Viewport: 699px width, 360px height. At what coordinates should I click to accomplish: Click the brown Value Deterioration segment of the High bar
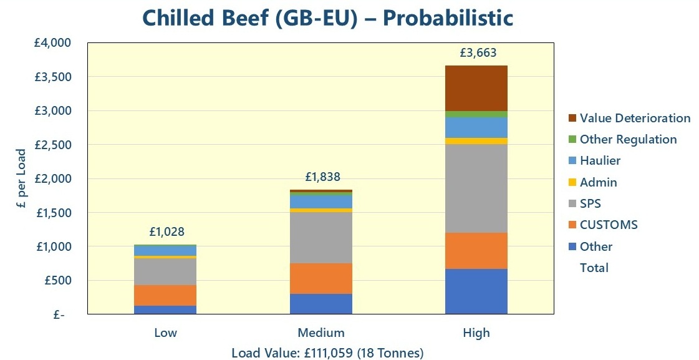476,88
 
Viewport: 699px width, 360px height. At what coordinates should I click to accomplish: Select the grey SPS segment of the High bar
476,188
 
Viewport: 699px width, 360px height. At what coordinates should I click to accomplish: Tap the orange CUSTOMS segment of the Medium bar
321,278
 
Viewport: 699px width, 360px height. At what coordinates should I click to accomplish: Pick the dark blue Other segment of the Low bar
165,309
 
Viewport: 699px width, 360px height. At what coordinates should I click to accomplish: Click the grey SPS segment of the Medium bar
321,238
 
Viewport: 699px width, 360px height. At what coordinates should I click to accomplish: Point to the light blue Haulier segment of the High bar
476,127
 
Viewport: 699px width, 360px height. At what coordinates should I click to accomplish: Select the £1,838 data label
322,177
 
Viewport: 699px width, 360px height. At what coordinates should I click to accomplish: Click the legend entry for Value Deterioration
635,118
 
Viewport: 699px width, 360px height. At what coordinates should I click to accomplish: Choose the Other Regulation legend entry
628,139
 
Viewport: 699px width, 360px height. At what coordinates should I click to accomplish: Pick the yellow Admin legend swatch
572,182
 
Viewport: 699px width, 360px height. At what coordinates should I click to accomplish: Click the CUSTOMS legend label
609,225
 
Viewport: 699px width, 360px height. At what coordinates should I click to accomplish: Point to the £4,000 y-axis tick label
52,43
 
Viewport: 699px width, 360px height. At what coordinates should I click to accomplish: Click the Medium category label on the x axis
321,333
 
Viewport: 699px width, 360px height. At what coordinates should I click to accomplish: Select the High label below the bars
476,333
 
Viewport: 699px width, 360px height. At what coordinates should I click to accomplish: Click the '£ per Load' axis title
21,179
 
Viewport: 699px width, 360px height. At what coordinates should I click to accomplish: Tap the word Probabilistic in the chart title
448,17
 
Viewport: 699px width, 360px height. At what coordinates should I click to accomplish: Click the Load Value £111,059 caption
327,353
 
